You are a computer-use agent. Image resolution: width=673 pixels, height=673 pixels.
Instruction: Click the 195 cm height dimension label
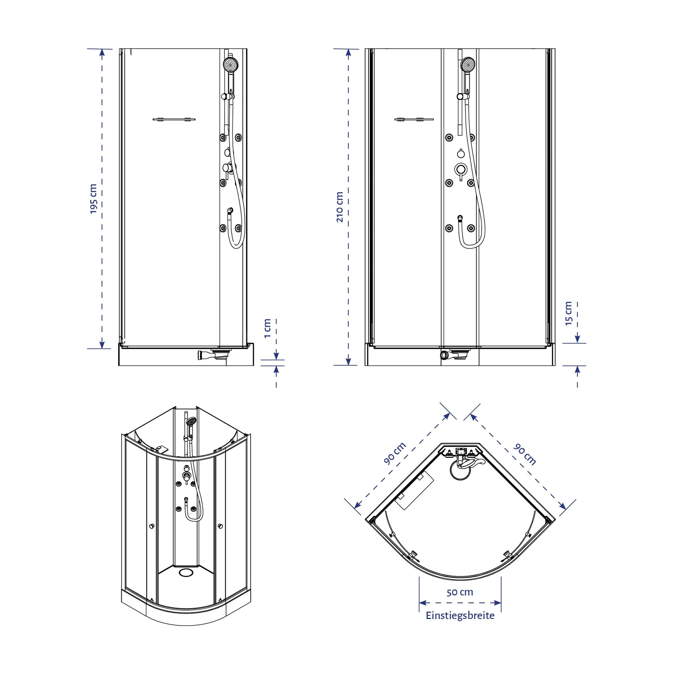coord(93,198)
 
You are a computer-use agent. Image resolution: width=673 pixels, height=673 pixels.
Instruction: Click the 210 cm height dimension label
coord(339,207)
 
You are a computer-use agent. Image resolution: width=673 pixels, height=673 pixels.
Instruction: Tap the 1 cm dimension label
coord(267,328)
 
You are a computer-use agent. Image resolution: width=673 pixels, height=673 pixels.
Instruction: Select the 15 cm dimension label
coord(568,313)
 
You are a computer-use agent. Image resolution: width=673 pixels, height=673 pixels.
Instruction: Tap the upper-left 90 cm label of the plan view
coord(395,453)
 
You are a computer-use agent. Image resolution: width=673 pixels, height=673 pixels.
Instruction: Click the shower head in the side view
coord(230,64)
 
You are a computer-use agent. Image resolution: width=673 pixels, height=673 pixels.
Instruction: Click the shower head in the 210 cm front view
coord(468,64)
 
